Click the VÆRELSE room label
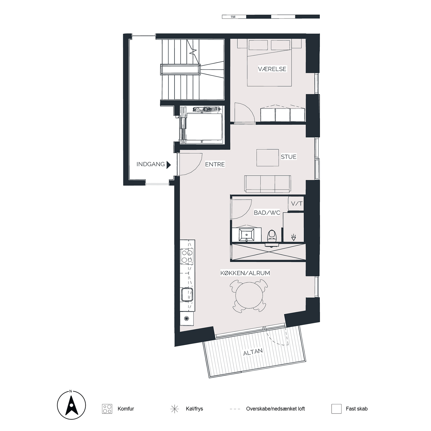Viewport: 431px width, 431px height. pyautogui.click(x=272, y=69)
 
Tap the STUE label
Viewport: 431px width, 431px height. pyautogui.click(x=289, y=157)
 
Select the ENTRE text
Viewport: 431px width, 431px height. pyautogui.click(x=215, y=164)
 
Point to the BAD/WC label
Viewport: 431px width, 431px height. pyautogui.click(x=267, y=213)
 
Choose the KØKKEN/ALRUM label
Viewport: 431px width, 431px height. pyautogui.click(x=245, y=273)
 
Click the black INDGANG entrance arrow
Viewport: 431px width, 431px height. pyautogui.click(x=169, y=165)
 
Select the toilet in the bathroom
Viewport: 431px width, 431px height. pyautogui.click(x=272, y=237)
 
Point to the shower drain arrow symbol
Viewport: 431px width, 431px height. pyautogui.click(x=294, y=237)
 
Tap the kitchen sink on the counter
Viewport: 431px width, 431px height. pyautogui.click(x=187, y=294)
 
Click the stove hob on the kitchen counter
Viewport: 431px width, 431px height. pyautogui.click(x=187, y=256)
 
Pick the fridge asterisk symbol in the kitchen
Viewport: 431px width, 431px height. pyautogui.click(x=186, y=319)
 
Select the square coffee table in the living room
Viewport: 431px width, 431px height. pyautogui.click(x=267, y=158)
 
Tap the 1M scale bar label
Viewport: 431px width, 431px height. pyautogui.click(x=233, y=17)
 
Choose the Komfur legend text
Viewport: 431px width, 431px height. pyautogui.click(x=126, y=409)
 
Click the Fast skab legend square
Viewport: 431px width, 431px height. pyautogui.click(x=336, y=409)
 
